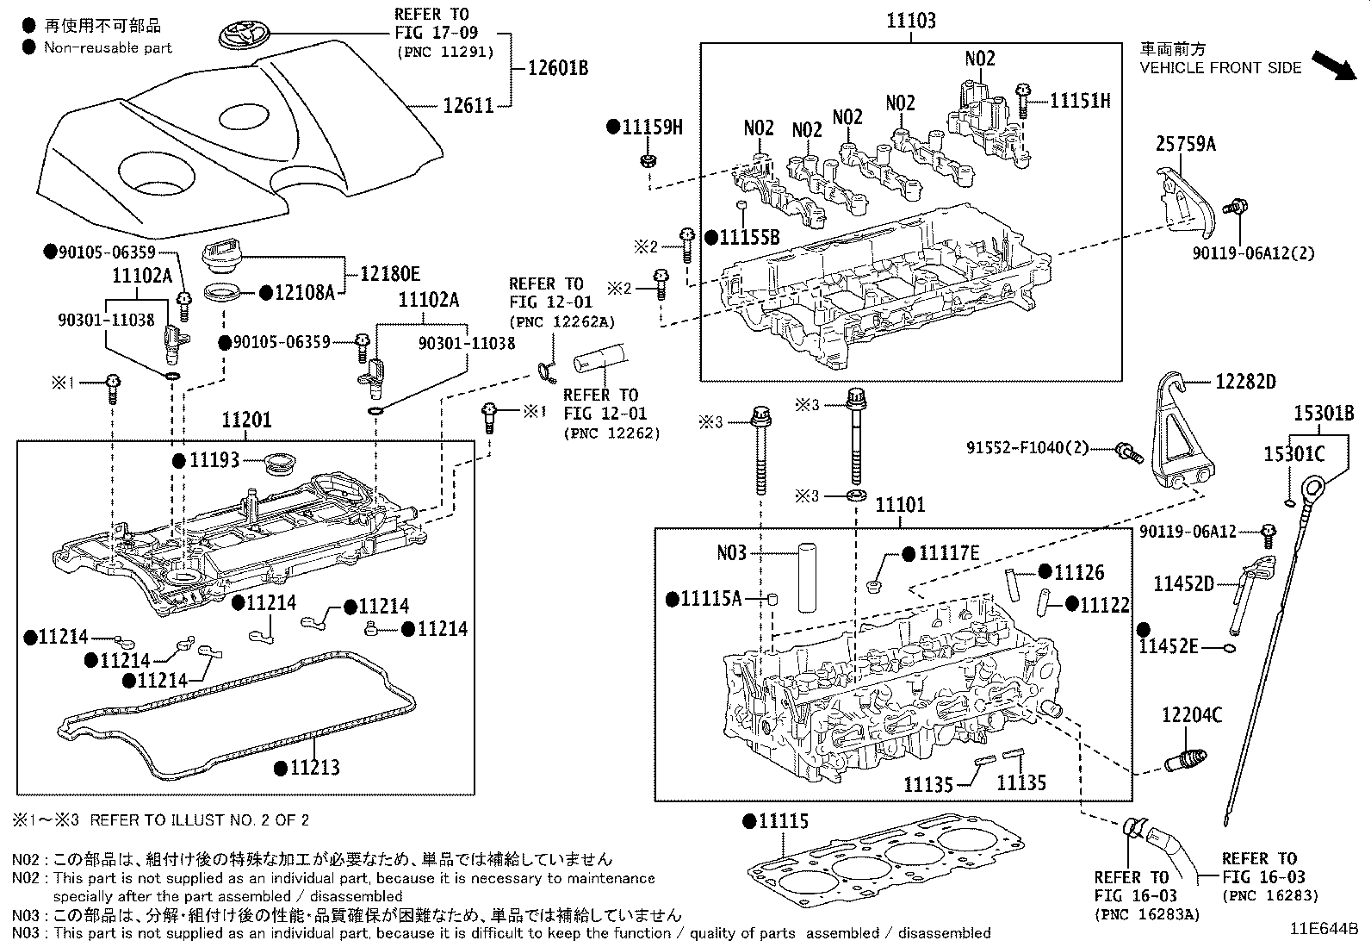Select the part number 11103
(911, 21)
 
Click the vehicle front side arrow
(1331, 65)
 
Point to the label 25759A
(1185, 144)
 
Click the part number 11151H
(1079, 101)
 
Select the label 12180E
(389, 274)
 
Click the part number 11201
(246, 421)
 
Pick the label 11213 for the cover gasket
(313, 767)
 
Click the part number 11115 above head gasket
(783, 821)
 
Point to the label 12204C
(1192, 715)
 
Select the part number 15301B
(1324, 414)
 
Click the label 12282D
(1245, 381)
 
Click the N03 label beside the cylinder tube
(731, 552)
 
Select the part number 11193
(214, 460)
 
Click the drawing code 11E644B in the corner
(1323, 929)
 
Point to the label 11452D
(1183, 584)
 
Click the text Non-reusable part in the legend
(109, 48)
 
